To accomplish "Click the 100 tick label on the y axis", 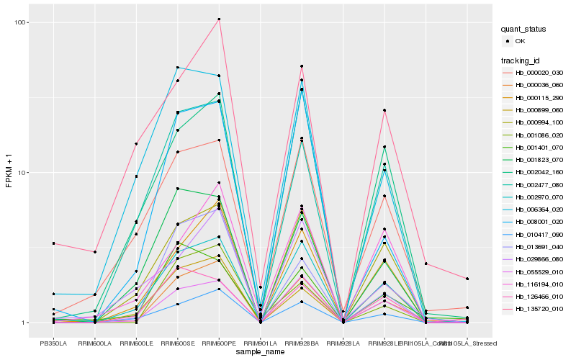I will pos(21,22).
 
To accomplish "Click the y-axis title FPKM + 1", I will pos(9,173).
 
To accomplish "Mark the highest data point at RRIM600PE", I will pos(219,19).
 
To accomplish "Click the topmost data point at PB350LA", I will pos(53,243).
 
